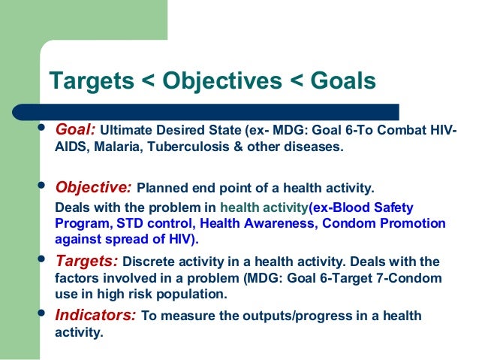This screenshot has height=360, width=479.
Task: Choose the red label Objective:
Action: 95,186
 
